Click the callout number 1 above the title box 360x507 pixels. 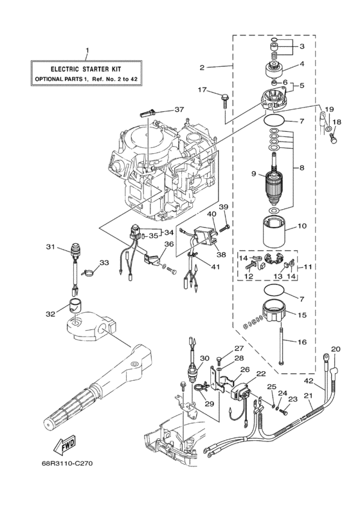[87, 51]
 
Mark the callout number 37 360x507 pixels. [179, 109]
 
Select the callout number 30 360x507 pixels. [204, 358]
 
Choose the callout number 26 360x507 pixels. [244, 369]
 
